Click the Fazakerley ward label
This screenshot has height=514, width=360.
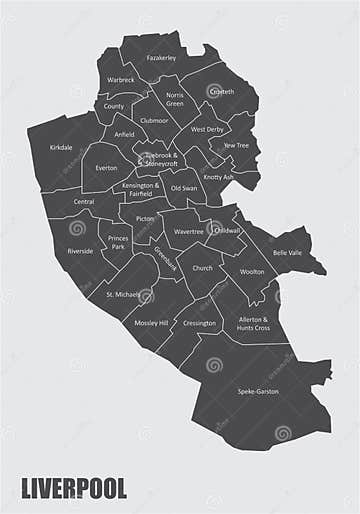(161, 58)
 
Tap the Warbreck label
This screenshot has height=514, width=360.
(121, 80)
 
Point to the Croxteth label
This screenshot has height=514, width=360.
(221, 92)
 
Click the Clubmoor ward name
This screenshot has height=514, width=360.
(154, 120)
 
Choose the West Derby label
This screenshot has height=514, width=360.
(208, 130)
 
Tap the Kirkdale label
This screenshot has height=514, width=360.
(61, 147)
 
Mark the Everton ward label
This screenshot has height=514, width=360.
(106, 168)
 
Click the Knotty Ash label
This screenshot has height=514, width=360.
(218, 177)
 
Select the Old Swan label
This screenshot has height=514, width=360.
(182, 187)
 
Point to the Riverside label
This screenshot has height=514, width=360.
(80, 251)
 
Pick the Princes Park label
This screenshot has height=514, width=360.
(118, 241)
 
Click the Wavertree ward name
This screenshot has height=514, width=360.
(188, 231)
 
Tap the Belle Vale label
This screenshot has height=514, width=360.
(287, 253)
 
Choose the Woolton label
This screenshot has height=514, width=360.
(252, 271)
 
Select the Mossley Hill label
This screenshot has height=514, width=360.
(150, 324)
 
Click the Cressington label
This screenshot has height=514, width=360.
(199, 324)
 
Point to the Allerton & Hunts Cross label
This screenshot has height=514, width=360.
(253, 323)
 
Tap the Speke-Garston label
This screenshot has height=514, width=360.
(258, 390)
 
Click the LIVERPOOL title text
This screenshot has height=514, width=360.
(74, 489)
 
